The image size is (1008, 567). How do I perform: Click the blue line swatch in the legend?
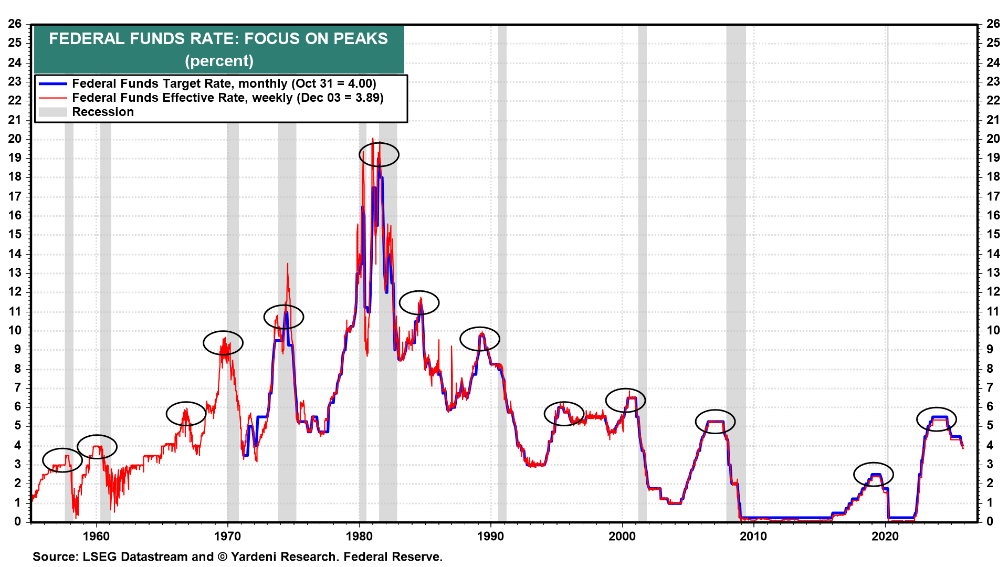coord(53,84)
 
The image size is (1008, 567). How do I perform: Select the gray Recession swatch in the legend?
coord(53,112)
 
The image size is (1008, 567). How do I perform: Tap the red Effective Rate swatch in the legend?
coord(53,98)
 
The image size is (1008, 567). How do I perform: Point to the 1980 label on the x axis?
coord(359,537)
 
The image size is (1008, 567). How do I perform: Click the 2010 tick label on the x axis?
coord(753,537)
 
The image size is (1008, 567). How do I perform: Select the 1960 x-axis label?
coord(96,537)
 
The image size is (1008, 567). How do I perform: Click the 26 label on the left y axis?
coord(15,24)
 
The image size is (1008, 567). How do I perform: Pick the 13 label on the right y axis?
coord(993,273)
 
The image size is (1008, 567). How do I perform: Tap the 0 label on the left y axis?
coord(18,522)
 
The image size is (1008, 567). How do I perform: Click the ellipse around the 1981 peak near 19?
coord(379,154)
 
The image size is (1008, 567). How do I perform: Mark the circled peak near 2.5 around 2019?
coord(873,475)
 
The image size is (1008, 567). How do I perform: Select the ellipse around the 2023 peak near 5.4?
coord(936,419)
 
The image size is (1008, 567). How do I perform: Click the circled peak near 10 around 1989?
coord(479,339)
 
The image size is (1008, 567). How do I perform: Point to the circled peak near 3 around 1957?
coord(62,460)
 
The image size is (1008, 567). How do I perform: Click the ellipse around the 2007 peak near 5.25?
coord(715,422)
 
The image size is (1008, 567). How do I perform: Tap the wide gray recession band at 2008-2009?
coord(736,262)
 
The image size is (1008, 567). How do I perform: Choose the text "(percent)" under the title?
coord(219,61)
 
